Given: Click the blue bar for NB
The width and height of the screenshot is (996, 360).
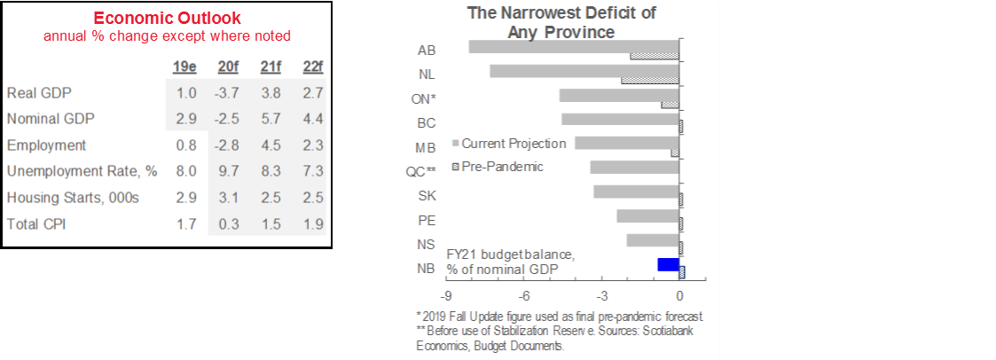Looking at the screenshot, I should tap(668, 264).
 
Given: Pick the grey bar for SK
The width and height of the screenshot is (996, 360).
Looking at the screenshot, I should tap(636, 192).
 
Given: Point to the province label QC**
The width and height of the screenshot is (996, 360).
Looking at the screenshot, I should tap(420, 171).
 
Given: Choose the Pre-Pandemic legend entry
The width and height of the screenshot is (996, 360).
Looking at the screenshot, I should tap(501, 166).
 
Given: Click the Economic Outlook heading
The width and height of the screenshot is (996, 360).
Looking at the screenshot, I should tap(169, 19).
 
